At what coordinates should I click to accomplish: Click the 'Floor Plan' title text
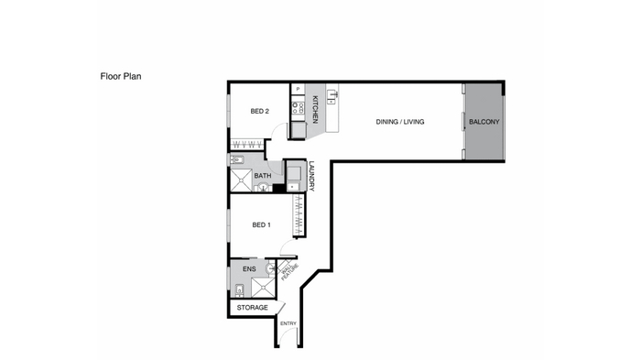coord(121,77)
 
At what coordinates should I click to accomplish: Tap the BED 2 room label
coord(259,111)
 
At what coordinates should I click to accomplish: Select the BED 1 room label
coord(261,225)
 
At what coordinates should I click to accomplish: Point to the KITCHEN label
coord(315,109)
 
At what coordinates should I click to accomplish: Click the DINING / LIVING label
coord(400,122)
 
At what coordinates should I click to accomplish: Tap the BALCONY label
coord(484,122)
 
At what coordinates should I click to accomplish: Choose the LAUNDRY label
coord(311,176)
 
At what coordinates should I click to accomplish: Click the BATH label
coord(263,176)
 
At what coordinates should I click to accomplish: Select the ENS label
coord(249,269)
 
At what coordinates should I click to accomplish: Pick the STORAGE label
coord(252,308)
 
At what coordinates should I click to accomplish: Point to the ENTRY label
coord(288,323)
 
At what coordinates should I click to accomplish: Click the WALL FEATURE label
coord(288,271)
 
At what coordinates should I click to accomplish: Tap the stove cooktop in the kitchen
coord(298,108)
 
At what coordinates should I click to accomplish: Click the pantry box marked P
coord(298,89)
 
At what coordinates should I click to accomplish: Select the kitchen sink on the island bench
coord(331,97)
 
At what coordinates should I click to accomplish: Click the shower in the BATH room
coord(241,180)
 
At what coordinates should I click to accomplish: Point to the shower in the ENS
coord(263,288)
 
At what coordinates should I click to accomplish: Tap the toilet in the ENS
coord(240,289)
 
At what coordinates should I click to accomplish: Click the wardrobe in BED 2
coord(247,145)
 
